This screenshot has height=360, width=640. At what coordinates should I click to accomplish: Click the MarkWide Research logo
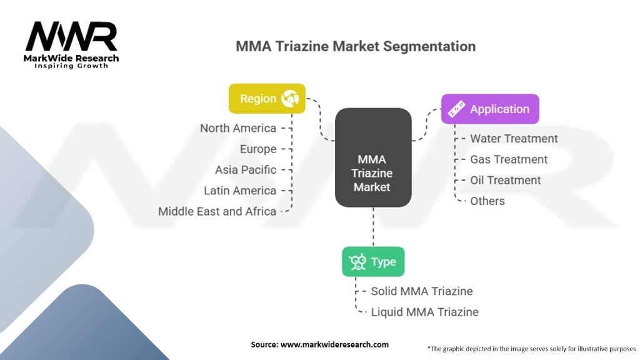pos(71,44)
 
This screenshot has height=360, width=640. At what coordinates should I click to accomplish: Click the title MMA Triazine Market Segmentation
pos(355,46)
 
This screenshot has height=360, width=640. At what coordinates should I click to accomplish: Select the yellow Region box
pos(267,98)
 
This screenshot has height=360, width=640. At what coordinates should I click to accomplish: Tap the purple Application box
pos(490,109)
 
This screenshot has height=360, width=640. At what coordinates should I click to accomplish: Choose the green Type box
pos(373,261)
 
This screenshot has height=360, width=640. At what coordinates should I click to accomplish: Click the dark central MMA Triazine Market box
pos(373,157)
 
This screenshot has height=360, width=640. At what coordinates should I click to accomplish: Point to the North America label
pos(237,128)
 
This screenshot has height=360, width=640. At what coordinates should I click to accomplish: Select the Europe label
pos(257,149)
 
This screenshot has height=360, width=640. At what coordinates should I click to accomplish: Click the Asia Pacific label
pos(245,169)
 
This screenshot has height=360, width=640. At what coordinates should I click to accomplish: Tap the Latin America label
pos(239,190)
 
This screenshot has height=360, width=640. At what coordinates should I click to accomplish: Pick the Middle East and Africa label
pos(217,211)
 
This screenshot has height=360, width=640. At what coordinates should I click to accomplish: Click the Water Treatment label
pos(514,139)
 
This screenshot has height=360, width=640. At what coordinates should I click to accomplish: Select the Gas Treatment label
pos(509,159)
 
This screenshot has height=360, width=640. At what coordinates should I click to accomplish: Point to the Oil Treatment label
pos(506,180)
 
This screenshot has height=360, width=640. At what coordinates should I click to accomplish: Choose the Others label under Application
pos(487,201)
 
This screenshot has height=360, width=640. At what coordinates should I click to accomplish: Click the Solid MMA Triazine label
pos(422,291)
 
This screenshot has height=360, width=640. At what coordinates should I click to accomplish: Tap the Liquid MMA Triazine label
pos(424,311)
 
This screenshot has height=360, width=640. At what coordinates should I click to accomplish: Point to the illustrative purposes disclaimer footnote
pos(531,348)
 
